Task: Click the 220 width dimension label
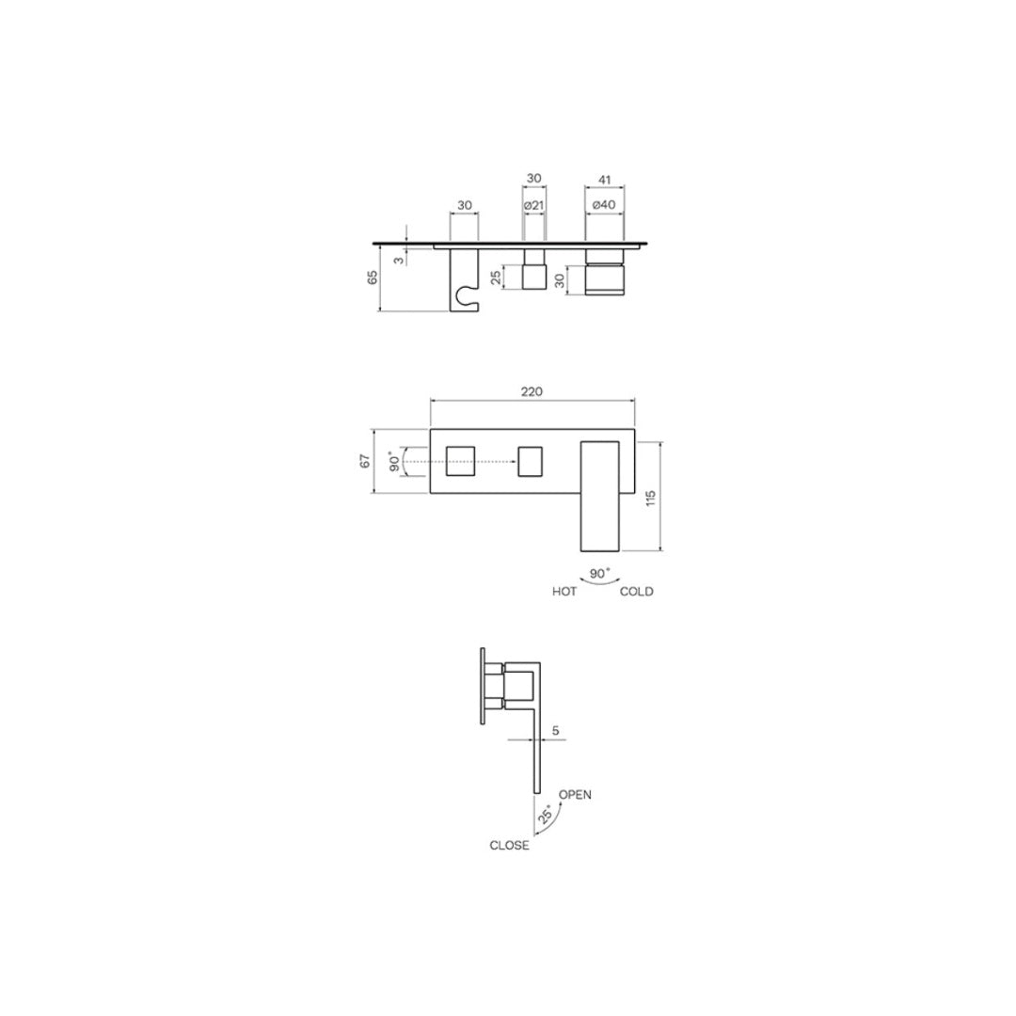(x=532, y=391)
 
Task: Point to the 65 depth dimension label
(x=373, y=277)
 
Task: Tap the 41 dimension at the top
(x=605, y=179)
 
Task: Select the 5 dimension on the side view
(x=556, y=729)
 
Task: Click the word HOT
(x=564, y=592)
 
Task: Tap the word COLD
(x=636, y=592)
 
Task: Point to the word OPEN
(x=575, y=795)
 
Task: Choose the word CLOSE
(x=509, y=846)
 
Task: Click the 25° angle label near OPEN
(x=545, y=814)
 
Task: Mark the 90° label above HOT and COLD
(x=599, y=572)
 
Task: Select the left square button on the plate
(x=461, y=461)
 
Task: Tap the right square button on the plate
(x=532, y=461)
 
